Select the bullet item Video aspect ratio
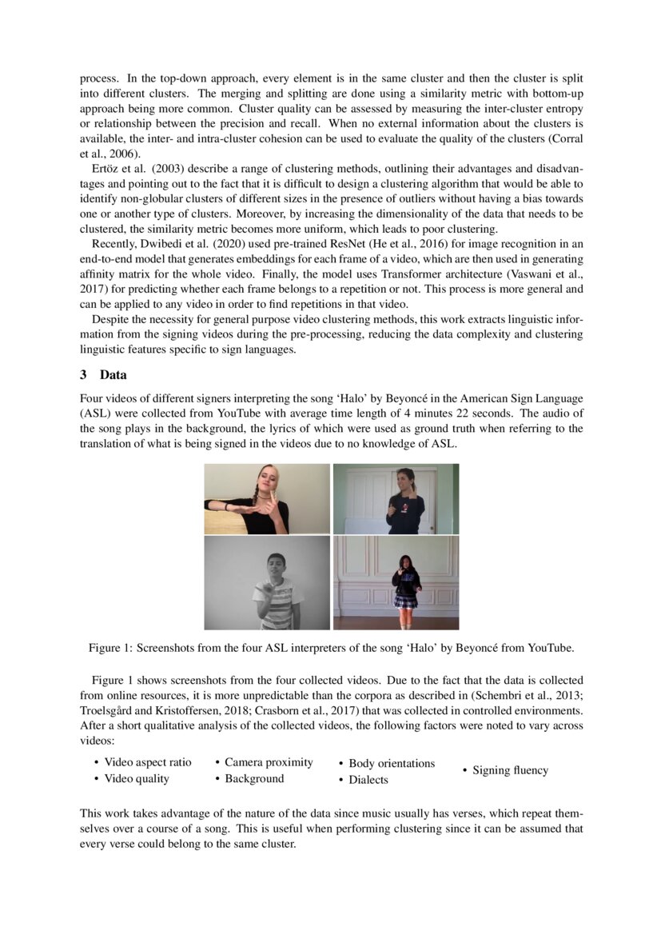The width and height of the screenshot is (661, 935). click(x=148, y=762)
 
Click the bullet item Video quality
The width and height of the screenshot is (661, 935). click(x=137, y=778)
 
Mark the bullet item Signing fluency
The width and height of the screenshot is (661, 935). click(x=510, y=770)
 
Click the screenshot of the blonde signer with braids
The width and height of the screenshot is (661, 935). click(x=267, y=499)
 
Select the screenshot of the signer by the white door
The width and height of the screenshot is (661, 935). click(x=396, y=499)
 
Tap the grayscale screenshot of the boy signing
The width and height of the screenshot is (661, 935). click(x=267, y=583)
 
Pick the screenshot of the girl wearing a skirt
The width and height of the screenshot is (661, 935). click(x=396, y=583)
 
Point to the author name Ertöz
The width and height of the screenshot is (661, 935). click(x=109, y=170)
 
